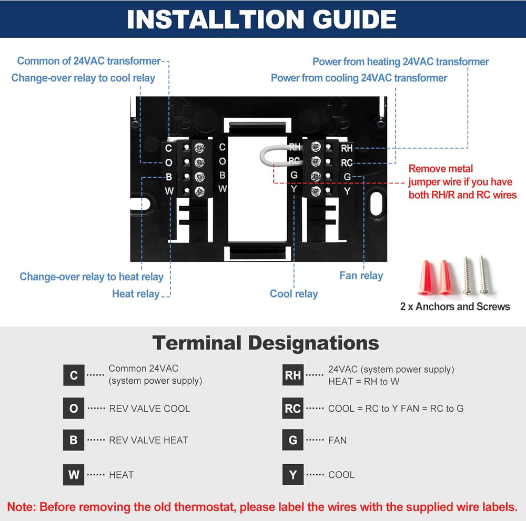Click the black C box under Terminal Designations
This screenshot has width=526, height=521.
(x=74, y=375)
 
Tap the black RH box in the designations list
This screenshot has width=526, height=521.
(x=293, y=375)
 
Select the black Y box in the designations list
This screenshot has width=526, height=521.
(x=293, y=475)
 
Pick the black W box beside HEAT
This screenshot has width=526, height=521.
(x=74, y=475)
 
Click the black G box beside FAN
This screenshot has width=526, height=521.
(x=293, y=440)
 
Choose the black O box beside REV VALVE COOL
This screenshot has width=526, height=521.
(x=74, y=408)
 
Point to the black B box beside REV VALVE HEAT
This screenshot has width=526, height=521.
(x=74, y=440)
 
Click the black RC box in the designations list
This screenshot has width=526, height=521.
(x=293, y=408)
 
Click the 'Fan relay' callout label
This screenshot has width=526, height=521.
(x=361, y=275)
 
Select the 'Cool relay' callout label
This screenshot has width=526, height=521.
(x=294, y=294)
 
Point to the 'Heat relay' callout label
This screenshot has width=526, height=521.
(x=136, y=294)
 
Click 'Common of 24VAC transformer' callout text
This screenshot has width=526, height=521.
(x=88, y=61)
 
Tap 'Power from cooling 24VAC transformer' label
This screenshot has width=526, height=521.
(x=359, y=78)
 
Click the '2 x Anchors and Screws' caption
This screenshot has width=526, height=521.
(x=455, y=307)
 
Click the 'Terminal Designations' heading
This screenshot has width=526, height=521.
(x=266, y=343)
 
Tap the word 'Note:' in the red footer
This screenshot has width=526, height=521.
(x=22, y=507)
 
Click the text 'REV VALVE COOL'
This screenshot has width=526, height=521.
(x=149, y=408)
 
